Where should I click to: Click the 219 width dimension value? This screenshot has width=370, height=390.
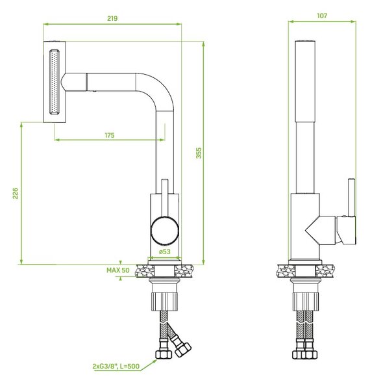tap(112, 18)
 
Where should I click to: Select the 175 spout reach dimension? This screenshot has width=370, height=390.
tap(110, 135)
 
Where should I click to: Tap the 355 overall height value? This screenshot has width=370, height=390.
tap(199, 153)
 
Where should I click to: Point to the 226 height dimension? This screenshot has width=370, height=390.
tap(16, 193)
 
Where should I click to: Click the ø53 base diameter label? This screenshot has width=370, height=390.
tap(165, 252)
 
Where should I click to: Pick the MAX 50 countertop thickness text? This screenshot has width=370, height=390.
tap(118, 270)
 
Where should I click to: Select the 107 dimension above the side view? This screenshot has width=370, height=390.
tap(322, 16)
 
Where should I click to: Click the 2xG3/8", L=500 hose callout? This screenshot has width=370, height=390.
tap(116, 366)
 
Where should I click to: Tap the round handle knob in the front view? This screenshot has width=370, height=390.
tap(165, 230)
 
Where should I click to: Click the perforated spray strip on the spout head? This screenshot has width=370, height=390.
tap(55, 82)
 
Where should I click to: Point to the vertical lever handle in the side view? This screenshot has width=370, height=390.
tap(351, 198)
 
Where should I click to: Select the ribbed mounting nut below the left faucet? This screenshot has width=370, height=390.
tap(165, 302)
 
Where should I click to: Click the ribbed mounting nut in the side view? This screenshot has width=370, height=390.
tap(306, 302)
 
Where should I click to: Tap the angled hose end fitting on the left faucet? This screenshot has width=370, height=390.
tap(180, 343)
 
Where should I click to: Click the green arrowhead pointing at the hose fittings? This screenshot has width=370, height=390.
tap(154, 361)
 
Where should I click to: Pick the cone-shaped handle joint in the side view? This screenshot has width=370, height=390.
tap(320, 231)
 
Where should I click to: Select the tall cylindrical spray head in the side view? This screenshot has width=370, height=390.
tap(306, 81)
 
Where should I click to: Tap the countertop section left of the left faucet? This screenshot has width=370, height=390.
tap(145, 270)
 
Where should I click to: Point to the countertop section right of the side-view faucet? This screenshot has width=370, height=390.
tap(326, 271)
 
